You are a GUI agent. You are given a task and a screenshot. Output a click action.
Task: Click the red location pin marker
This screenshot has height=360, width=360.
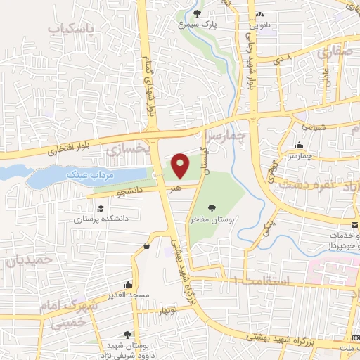pos(181,166)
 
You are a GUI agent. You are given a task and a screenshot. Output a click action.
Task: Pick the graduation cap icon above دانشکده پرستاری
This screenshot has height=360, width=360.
pos(101,208)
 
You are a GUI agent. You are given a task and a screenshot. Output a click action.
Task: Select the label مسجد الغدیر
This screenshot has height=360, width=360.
pos(128,295)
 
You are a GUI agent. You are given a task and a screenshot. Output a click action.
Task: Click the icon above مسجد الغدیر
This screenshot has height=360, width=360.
pos(128,284)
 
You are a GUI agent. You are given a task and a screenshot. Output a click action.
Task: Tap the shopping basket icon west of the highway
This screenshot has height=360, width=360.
pos(146,246)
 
